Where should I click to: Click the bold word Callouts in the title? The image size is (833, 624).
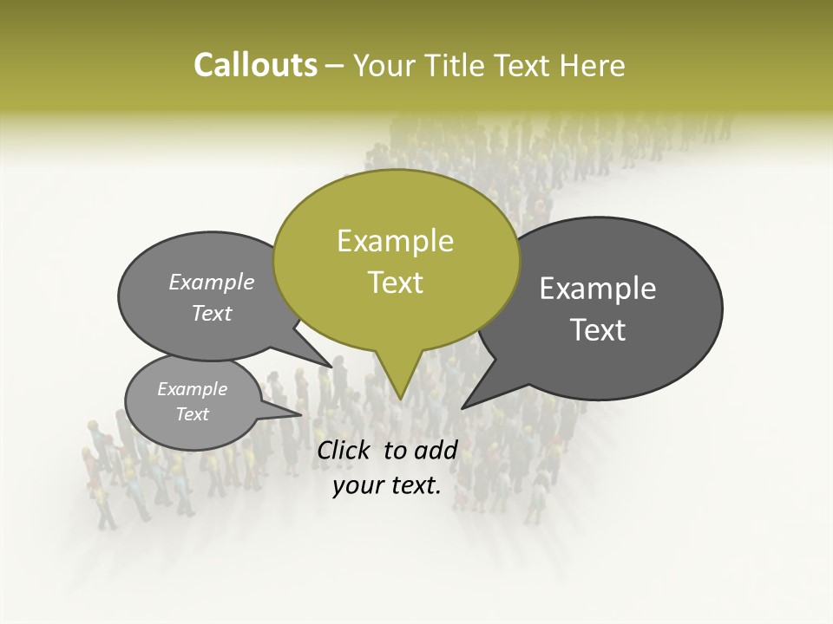255,65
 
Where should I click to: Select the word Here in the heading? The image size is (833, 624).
593,65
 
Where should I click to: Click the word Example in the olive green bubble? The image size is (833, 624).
395,241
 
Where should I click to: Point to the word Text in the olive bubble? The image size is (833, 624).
395,283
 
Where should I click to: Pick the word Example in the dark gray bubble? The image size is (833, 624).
597,289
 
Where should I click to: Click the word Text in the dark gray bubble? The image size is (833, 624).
597,330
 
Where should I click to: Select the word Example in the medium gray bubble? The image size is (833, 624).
212,283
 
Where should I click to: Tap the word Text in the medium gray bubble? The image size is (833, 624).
212,313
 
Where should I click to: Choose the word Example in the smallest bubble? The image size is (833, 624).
192,389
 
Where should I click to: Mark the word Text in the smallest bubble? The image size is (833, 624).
192,414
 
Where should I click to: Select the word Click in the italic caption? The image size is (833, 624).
344,450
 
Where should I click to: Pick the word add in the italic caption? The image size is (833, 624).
436,450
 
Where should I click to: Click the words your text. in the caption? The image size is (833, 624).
387,485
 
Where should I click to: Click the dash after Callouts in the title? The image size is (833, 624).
335,66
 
